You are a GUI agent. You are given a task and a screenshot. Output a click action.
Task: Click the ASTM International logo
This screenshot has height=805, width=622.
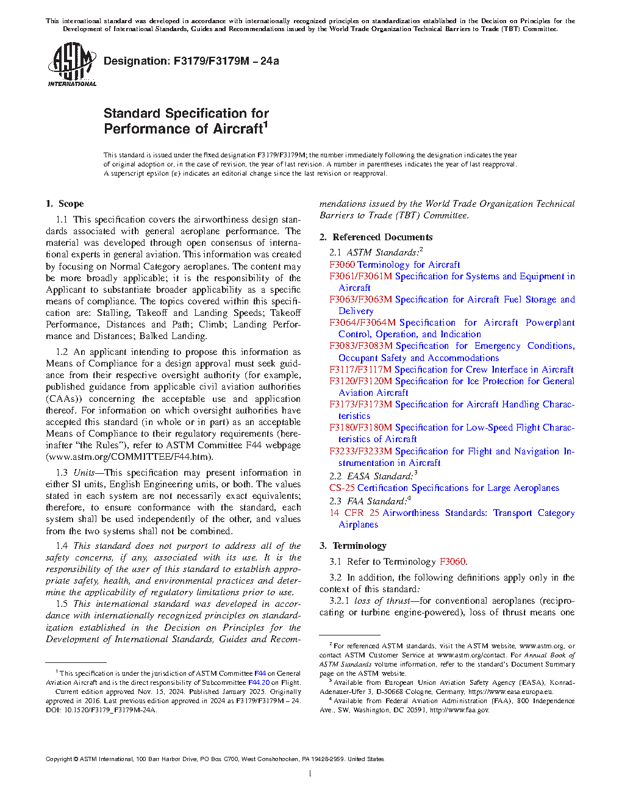[71, 64]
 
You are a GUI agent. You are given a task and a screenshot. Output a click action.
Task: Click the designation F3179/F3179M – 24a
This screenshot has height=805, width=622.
[191, 61]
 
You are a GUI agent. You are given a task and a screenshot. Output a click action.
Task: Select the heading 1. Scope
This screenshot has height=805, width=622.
[65, 204]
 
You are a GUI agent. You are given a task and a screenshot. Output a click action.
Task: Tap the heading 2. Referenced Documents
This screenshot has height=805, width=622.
[376, 237]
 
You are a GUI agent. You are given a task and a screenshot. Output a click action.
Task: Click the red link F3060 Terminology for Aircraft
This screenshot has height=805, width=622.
[395, 265]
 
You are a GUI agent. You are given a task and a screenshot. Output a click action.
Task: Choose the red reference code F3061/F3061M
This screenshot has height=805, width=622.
[360, 276]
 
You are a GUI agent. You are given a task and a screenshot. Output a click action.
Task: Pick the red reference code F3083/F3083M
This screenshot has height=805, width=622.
[360, 346]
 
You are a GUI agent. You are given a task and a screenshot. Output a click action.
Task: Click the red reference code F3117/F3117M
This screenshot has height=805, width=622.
[360, 370]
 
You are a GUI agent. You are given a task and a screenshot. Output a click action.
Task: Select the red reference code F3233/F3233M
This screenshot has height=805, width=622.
[360, 451]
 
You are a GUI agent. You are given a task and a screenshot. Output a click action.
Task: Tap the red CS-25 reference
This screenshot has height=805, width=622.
[341, 488]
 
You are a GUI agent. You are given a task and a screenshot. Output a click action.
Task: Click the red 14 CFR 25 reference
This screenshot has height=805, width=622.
[354, 513]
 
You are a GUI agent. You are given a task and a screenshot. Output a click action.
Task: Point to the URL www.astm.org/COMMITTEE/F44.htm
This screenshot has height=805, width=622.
[129, 457]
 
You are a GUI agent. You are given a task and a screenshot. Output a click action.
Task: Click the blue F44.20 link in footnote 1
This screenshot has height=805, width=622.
[259, 682]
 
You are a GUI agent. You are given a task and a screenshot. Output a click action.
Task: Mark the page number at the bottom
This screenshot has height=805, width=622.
[310, 774]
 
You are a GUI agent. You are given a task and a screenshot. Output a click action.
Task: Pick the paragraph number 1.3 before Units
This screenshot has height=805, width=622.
[62, 473]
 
